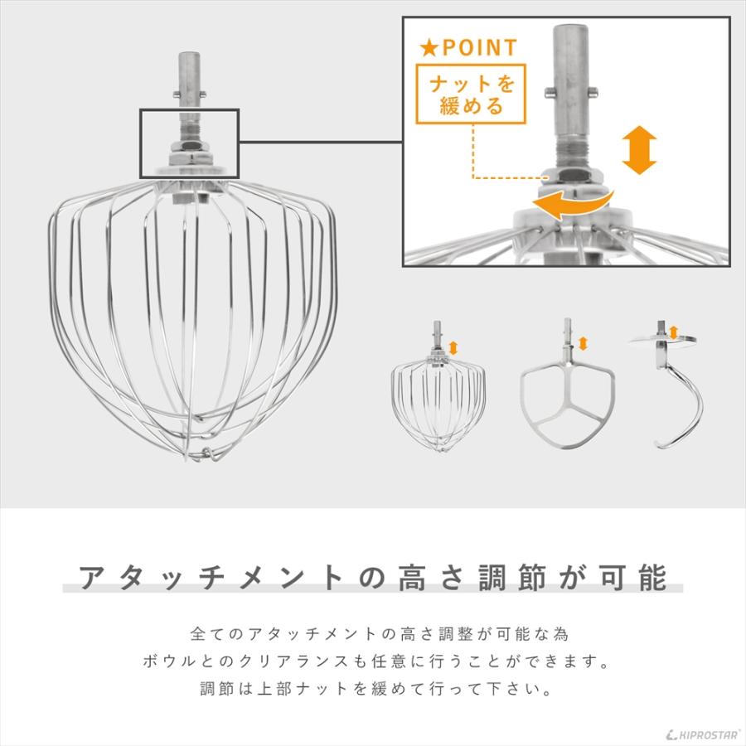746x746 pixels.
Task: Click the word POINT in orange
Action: (x=479, y=48)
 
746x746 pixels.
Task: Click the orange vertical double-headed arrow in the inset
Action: (x=639, y=151)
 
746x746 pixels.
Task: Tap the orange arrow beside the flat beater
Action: (x=583, y=342)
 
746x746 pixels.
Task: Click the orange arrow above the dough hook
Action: (x=673, y=332)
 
